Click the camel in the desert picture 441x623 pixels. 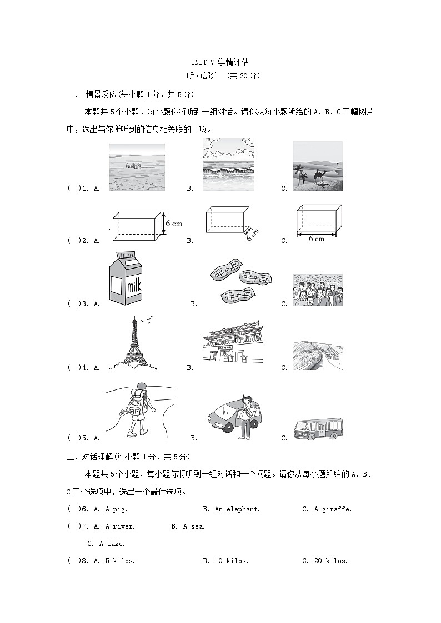click(x=320, y=176)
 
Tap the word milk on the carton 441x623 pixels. click(x=134, y=286)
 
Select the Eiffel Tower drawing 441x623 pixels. click(x=133, y=343)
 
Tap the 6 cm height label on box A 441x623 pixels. click(x=173, y=224)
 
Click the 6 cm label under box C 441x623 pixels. click(x=316, y=239)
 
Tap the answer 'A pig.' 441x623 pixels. click(x=116, y=509)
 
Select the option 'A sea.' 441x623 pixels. click(x=194, y=526)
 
